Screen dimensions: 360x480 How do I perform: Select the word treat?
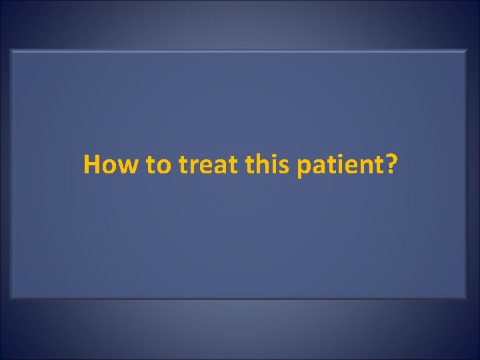[205, 165]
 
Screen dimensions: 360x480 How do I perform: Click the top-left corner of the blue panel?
[12, 50]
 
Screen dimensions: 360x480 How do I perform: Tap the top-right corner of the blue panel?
[467, 50]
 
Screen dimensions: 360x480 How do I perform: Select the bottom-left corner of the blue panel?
[12, 297]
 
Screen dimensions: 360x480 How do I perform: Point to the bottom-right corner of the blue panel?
[467, 297]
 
